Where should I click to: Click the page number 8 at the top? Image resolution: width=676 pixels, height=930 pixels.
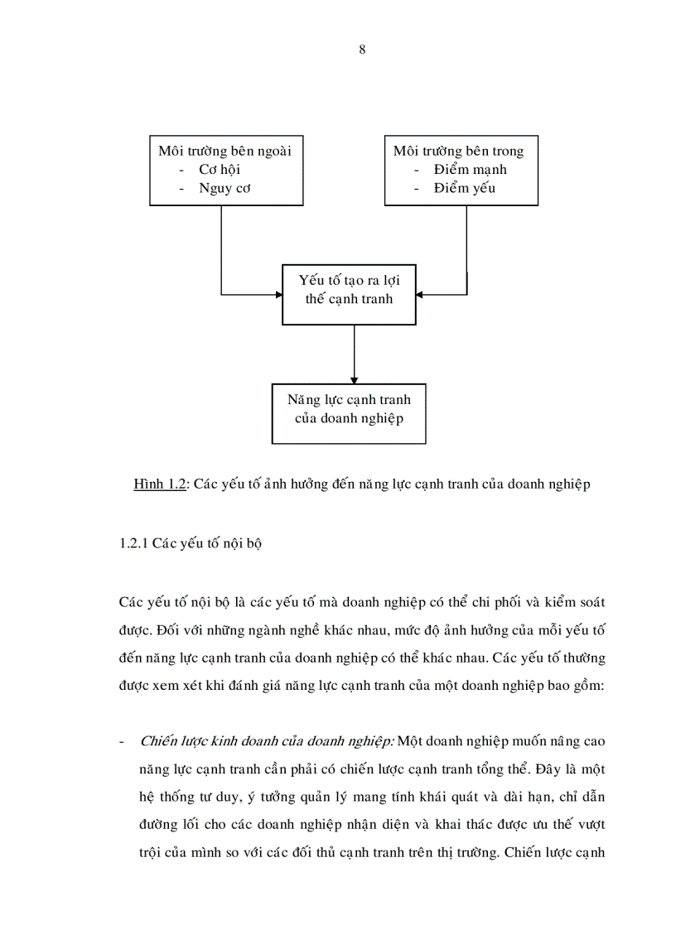(x=362, y=50)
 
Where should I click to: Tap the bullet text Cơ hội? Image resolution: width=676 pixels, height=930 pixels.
(x=220, y=170)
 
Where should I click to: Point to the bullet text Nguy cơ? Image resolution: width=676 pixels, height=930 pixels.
(x=225, y=189)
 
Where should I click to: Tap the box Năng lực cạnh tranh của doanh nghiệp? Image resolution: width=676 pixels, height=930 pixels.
(x=349, y=409)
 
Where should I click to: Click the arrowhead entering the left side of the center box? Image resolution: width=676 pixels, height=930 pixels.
(x=278, y=294)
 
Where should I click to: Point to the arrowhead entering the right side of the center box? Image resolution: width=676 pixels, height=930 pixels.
(x=420, y=294)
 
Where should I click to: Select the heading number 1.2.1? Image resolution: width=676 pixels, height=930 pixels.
(x=135, y=546)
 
